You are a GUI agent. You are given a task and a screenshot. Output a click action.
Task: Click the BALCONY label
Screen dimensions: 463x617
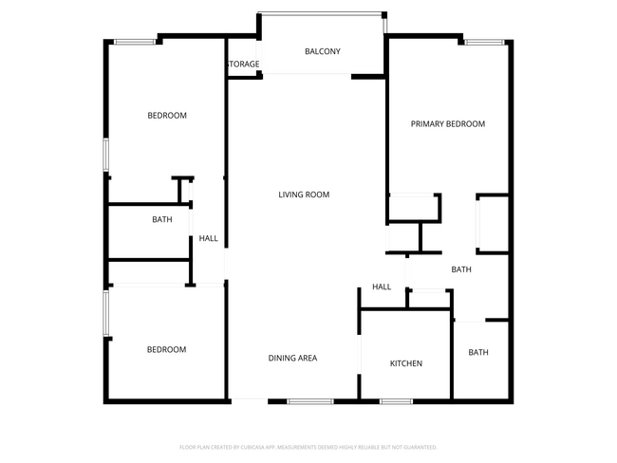(322, 51)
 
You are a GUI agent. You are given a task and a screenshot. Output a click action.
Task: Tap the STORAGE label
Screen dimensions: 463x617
(243, 65)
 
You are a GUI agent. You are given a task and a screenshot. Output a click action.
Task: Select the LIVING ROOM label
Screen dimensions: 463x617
(303, 194)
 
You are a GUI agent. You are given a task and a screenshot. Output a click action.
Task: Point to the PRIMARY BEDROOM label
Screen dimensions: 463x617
(447, 124)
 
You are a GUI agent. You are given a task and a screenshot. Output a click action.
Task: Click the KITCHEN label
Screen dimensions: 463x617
(405, 363)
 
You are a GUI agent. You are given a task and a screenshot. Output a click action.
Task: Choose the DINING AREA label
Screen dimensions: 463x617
(292, 358)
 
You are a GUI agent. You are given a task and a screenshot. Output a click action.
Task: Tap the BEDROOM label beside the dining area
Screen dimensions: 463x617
(166, 349)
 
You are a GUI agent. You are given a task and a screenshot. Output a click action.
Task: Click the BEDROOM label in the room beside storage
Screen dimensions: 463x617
(166, 116)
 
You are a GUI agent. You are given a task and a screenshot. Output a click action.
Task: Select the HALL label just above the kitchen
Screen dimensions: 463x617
(382, 287)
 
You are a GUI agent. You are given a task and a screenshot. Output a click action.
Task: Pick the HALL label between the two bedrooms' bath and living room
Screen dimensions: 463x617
(208, 238)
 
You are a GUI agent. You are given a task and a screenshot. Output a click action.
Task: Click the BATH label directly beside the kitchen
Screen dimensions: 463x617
(477, 352)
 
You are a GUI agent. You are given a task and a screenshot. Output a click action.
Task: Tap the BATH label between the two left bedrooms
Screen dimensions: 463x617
(162, 219)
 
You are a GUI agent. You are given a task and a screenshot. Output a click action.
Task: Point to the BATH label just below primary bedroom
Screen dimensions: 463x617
(461, 269)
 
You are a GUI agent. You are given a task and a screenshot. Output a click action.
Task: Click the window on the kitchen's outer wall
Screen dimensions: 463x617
(396, 401)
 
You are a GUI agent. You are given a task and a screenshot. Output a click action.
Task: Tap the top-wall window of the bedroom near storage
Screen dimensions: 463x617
(136, 41)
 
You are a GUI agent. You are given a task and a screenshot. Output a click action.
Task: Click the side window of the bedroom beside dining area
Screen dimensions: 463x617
(106, 313)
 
